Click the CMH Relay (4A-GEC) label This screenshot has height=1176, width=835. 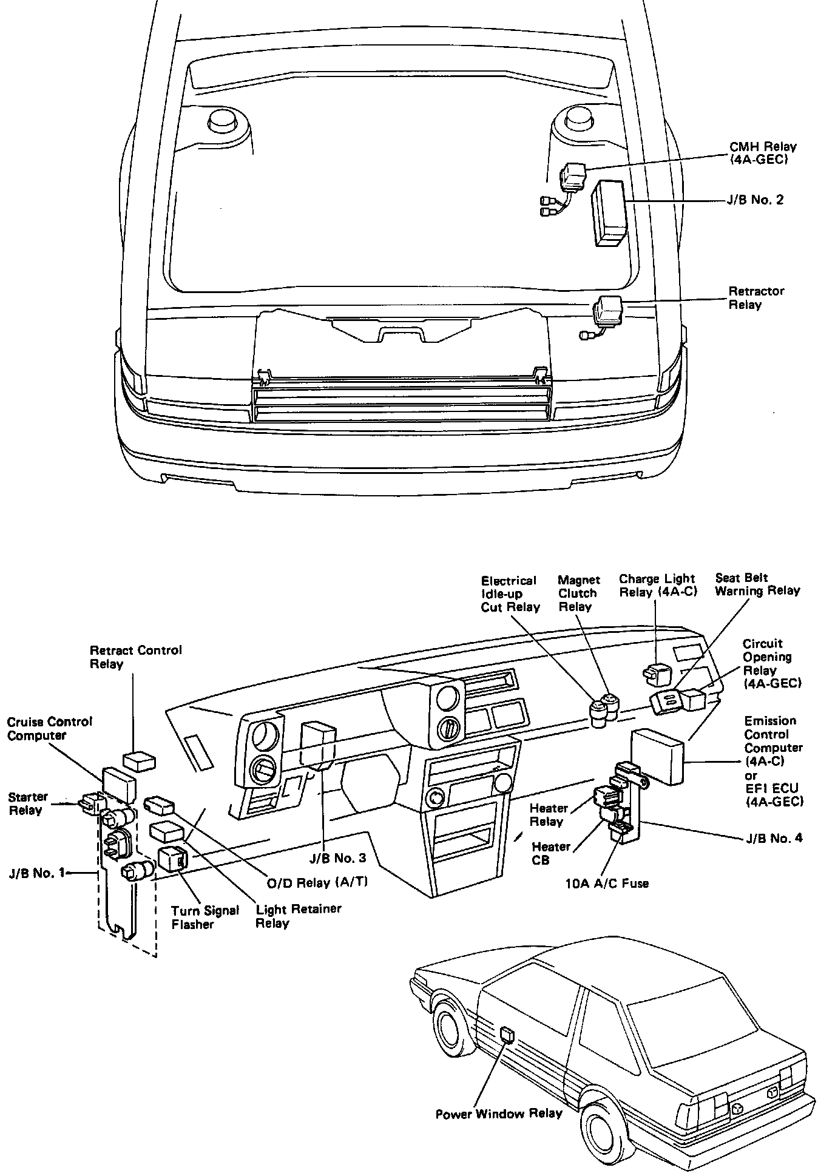[762, 154]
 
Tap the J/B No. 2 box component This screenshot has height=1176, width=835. [611, 212]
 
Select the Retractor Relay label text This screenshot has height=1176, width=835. [756, 298]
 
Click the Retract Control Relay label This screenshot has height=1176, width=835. [135, 657]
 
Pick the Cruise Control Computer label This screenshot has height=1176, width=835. [49, 728]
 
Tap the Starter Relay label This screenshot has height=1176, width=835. [28, 803]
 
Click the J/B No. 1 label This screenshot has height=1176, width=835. [36, 874]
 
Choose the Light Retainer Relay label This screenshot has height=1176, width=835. [298, 916]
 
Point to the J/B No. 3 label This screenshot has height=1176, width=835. [337, 857]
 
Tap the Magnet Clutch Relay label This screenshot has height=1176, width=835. [578, 593]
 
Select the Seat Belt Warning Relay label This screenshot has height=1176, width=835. [757, 584]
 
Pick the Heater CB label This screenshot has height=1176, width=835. [550, 853]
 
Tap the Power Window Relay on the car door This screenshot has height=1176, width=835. [507, 1033]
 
